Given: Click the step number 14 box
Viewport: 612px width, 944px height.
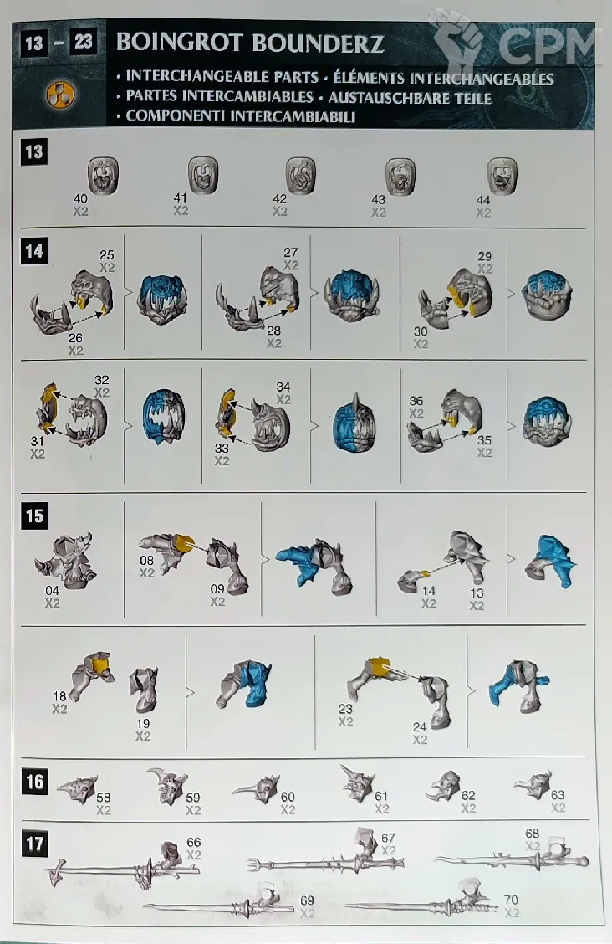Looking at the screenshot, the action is pos(34,250).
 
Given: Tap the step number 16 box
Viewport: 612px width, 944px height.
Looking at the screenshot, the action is pos(34,782).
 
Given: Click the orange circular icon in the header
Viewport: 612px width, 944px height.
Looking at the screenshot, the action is pos(60,95).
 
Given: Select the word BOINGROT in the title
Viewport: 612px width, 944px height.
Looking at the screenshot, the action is pos(179,43).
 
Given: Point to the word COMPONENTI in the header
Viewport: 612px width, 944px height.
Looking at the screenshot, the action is pos(177,116).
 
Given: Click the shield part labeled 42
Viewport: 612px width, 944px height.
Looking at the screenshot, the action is pos(300,175).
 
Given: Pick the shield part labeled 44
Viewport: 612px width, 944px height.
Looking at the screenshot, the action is pos(502,175).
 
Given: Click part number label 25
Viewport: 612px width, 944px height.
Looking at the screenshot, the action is pos(107,254).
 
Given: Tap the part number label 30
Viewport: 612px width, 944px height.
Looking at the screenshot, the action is pos(421,331).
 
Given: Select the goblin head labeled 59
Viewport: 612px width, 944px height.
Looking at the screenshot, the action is pos(167,786).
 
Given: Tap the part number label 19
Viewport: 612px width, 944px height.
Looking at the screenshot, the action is pos(142,723).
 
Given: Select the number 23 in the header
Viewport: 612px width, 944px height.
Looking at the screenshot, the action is pos(84,41).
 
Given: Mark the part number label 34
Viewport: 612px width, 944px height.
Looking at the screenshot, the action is pos(283,387).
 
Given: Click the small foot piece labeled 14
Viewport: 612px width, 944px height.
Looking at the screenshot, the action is pos(412,578).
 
